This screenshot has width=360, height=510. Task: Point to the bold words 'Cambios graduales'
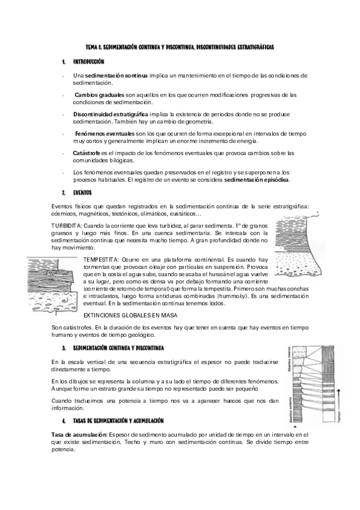100,95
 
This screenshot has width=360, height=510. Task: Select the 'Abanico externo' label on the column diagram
289,408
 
